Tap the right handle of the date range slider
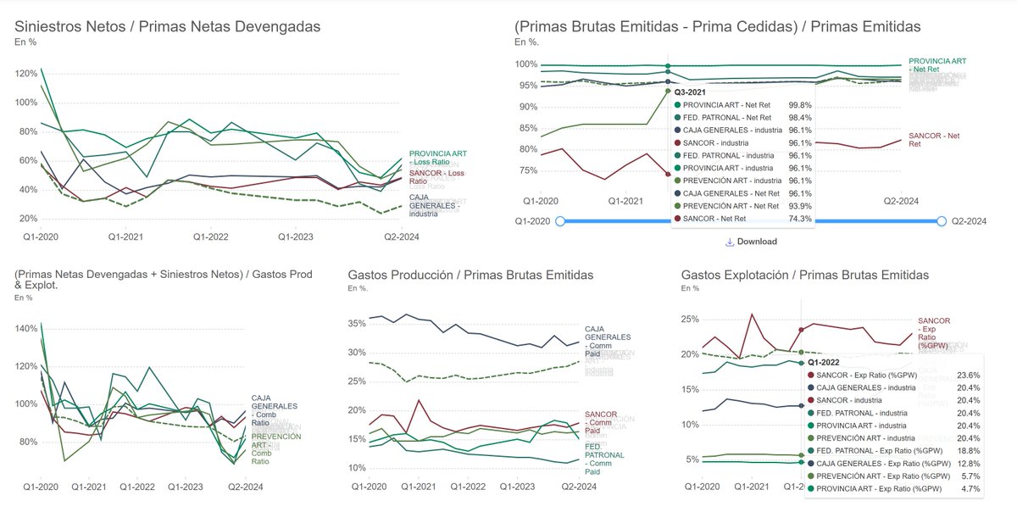[x=941, y=221]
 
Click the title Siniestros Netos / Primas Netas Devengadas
[x=168, y=26]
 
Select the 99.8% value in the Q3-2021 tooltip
[x=800, y=104]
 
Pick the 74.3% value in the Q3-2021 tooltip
[x=800, y=219]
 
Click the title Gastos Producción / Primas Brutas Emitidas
[x=470, y=275]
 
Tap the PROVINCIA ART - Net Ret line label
[x=936, y=66]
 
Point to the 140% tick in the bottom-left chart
[x=25, y=328]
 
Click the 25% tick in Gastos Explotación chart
[x=690, y=320]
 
